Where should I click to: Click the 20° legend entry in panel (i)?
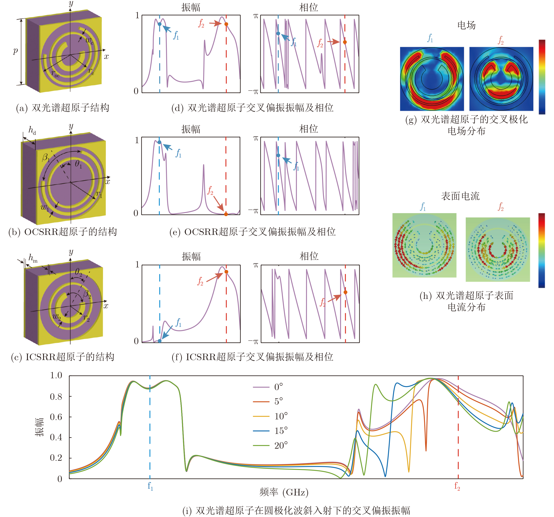coord(281,445)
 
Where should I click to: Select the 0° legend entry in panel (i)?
coord(278,387)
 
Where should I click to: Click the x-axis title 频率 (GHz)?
coord(284,492)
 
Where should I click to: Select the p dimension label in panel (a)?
coord(15,51)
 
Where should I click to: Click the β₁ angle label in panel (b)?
coord(46,157)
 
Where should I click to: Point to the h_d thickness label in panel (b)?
coord(32,130)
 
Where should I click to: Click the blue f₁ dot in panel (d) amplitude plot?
coord(160,24)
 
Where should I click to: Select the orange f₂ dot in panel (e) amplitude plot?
coord(226,214)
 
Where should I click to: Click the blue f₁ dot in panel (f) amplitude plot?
coord(160,341)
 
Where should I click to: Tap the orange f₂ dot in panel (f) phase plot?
coord(346,292)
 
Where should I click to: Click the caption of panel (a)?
coord(62,108)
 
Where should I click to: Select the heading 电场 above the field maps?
coord(467,25)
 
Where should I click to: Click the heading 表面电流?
coord(460,196)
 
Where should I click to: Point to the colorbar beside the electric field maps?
coord(542,77)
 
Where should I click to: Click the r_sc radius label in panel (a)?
coord(55,74)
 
